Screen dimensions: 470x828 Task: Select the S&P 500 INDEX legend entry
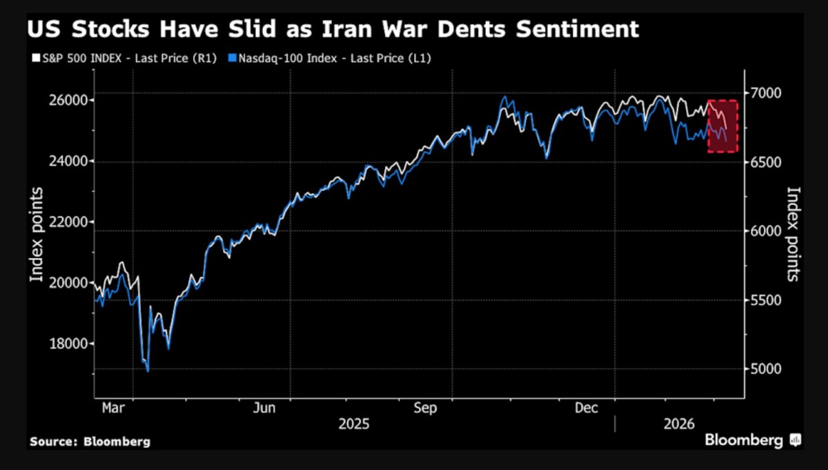click(115, 59)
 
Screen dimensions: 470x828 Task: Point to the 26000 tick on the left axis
click(67, 100)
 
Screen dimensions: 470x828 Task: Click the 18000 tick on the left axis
click(67, 344)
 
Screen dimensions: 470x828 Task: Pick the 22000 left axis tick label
click(67, 222)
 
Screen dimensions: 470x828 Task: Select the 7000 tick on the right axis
click(766, 92)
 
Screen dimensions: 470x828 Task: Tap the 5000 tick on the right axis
click(766, 369)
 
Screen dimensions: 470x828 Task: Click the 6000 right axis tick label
click(766, 231)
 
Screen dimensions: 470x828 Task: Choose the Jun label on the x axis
click(264, 409)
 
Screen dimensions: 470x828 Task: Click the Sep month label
click(426, 409)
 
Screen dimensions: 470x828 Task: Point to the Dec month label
click(586, 409)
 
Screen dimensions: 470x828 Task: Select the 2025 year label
click(354, 423)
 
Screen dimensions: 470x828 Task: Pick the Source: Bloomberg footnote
click(90, 441)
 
